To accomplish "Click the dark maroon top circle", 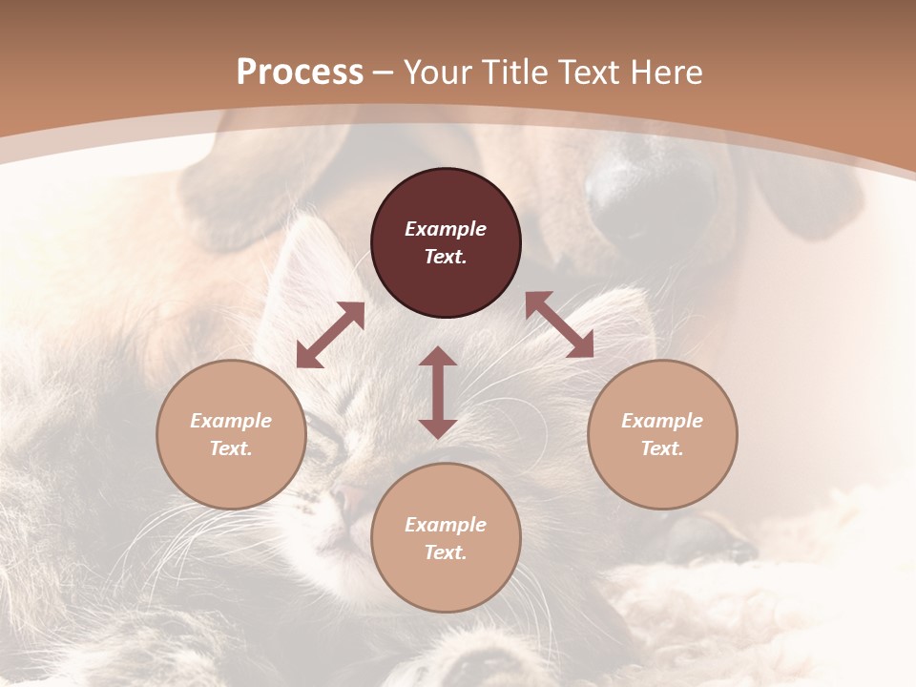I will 446,243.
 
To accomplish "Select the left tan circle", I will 231,434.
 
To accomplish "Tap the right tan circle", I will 662,434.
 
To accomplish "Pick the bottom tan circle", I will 446,538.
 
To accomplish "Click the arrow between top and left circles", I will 330,335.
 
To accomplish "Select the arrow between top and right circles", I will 559,324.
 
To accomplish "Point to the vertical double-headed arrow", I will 438,392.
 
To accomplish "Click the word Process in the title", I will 300,72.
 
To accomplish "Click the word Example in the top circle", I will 446,229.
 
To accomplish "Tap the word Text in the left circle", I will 231,448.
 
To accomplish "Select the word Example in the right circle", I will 662,421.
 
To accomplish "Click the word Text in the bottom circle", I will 446,552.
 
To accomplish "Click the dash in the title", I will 383,73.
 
